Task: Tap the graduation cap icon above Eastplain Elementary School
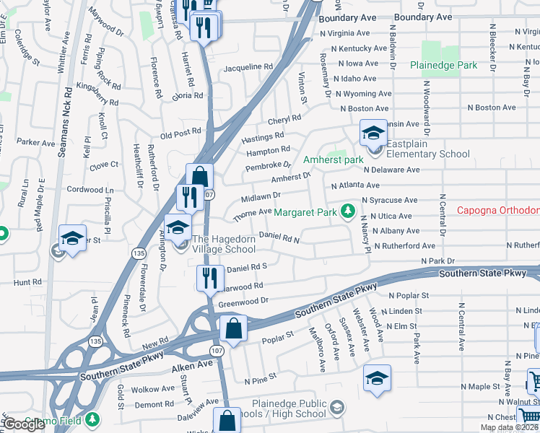point(373,133)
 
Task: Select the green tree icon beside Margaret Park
point(349,211)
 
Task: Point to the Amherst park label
point(333,159)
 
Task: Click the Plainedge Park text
point(443,65)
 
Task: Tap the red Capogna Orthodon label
point(498,211)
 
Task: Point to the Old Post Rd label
point(180,134)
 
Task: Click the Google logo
point(24,424)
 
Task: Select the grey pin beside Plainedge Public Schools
point(336,409)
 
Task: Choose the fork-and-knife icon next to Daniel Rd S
point(210,277)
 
